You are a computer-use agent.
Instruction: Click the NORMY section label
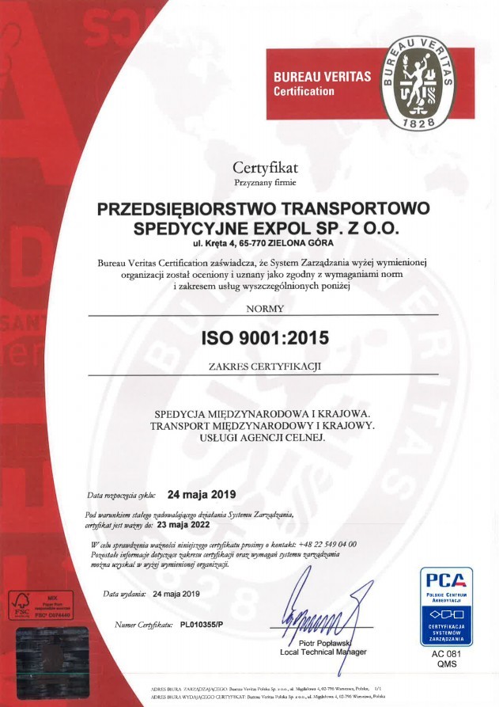(263, 309)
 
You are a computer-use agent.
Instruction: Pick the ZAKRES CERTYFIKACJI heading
(263, 366)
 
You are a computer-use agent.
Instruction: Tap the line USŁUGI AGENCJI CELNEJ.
(263, 437)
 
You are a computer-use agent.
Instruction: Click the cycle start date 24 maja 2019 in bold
(202, 495)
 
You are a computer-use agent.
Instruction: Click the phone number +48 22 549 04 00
(328, 545)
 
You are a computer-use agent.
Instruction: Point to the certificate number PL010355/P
(202, 625)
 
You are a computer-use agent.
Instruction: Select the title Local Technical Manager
(323, 652)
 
